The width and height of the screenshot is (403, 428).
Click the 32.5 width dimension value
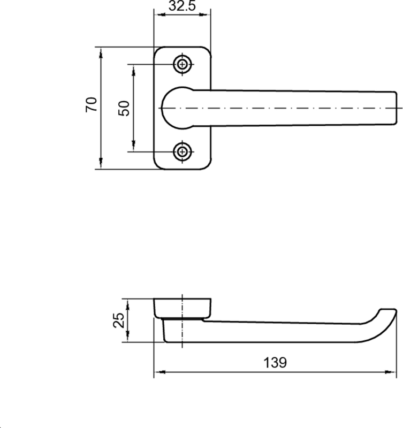[182, 5]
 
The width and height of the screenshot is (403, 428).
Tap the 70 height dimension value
[92, 104]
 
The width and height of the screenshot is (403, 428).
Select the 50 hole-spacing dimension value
[124, 109]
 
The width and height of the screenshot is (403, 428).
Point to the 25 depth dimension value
[119, 320]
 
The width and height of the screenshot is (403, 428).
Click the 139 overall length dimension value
[275, 363]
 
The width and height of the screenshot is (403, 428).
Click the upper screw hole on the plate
[183, 65]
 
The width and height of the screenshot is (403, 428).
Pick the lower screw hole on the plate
[183, 151]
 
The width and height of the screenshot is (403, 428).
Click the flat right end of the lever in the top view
[396, 108]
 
